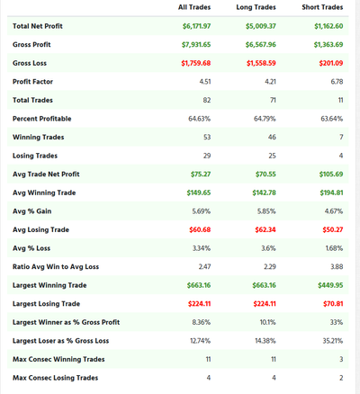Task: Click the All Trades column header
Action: click(x=194, y=7)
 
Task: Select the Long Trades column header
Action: click(x=256, y=7)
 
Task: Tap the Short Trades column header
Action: click(x=322, y=7)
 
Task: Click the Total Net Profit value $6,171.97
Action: click(x=196, y=26)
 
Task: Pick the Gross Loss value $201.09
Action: click(x=331, y=63)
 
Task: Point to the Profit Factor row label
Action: click(x=32, y=82)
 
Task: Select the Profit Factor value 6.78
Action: click(x=337, y=82)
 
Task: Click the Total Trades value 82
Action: click(x=207, y=100)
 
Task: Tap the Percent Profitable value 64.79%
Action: click(x=265, y=119)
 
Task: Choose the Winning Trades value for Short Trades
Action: click(x=341, y=137)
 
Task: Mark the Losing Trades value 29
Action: click(x=207, y=156)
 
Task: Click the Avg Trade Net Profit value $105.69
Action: click(x=331, y=175)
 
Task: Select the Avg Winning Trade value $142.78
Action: click(x=264, y=193)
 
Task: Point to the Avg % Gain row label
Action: click(x=31, y=211)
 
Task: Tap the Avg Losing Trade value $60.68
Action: click(x=200, y=229)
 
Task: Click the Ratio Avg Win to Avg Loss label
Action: click(x=56, y=267)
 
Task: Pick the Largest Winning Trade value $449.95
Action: click(x=330, y=285)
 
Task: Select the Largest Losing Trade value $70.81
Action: click(x=333, y=304)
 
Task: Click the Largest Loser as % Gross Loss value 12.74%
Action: click(x=200, y=341)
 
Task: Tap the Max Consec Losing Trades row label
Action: click(x=55, y=378)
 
